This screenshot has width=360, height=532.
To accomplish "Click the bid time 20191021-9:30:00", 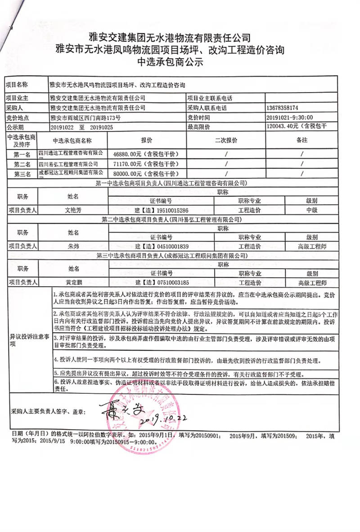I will pyautogui.click(x=288, y=117).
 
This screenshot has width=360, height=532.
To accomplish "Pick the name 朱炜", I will pyautogui.click(x=73, y=246).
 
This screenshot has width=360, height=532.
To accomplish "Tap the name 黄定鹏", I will pyautogui.click(x=73, y=283).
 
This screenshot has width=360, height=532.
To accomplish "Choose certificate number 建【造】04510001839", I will pyautogui.click(x=161, y=246).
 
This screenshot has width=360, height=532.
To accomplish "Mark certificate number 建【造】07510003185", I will pyautogui.click(x=161, y=283).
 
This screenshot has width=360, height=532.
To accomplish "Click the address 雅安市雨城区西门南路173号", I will pyautogui.click(x=85, y=117).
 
